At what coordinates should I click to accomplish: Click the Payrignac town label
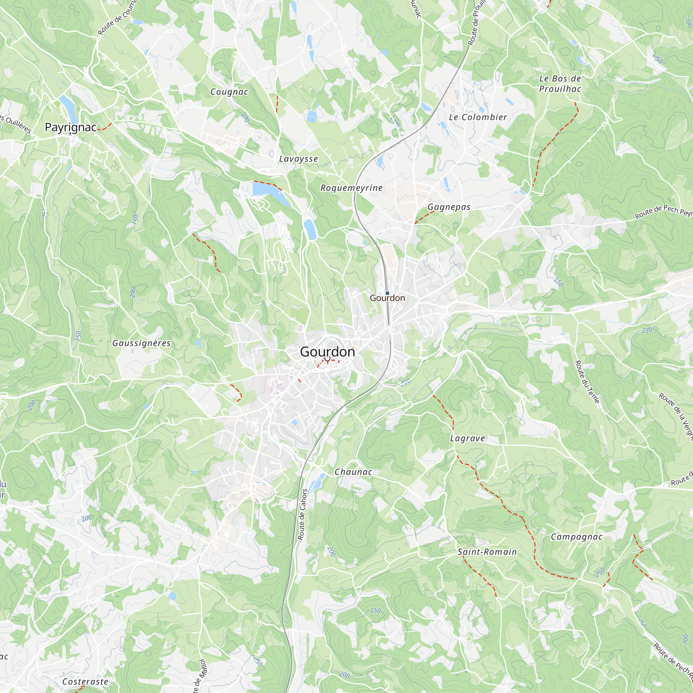[71, 127]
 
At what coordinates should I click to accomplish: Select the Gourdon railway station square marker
[387, 293]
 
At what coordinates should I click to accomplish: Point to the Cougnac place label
[229, 92]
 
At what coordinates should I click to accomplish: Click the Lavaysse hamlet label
[298, 159]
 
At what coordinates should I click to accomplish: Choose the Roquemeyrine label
[351, 187]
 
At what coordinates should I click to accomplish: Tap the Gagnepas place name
[449, 207]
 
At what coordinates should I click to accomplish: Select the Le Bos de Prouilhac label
[560, 84]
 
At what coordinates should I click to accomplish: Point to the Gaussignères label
[141, 343]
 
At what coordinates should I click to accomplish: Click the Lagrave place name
[467, 438]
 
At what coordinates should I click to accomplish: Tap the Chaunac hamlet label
[353, 472]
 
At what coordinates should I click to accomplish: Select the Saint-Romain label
[487, 552]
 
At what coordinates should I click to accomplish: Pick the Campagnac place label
[577, 537]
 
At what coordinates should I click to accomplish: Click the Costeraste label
[85, 682]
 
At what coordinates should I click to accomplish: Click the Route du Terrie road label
[587, 381]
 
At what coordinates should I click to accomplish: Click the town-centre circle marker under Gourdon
[327, 358]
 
